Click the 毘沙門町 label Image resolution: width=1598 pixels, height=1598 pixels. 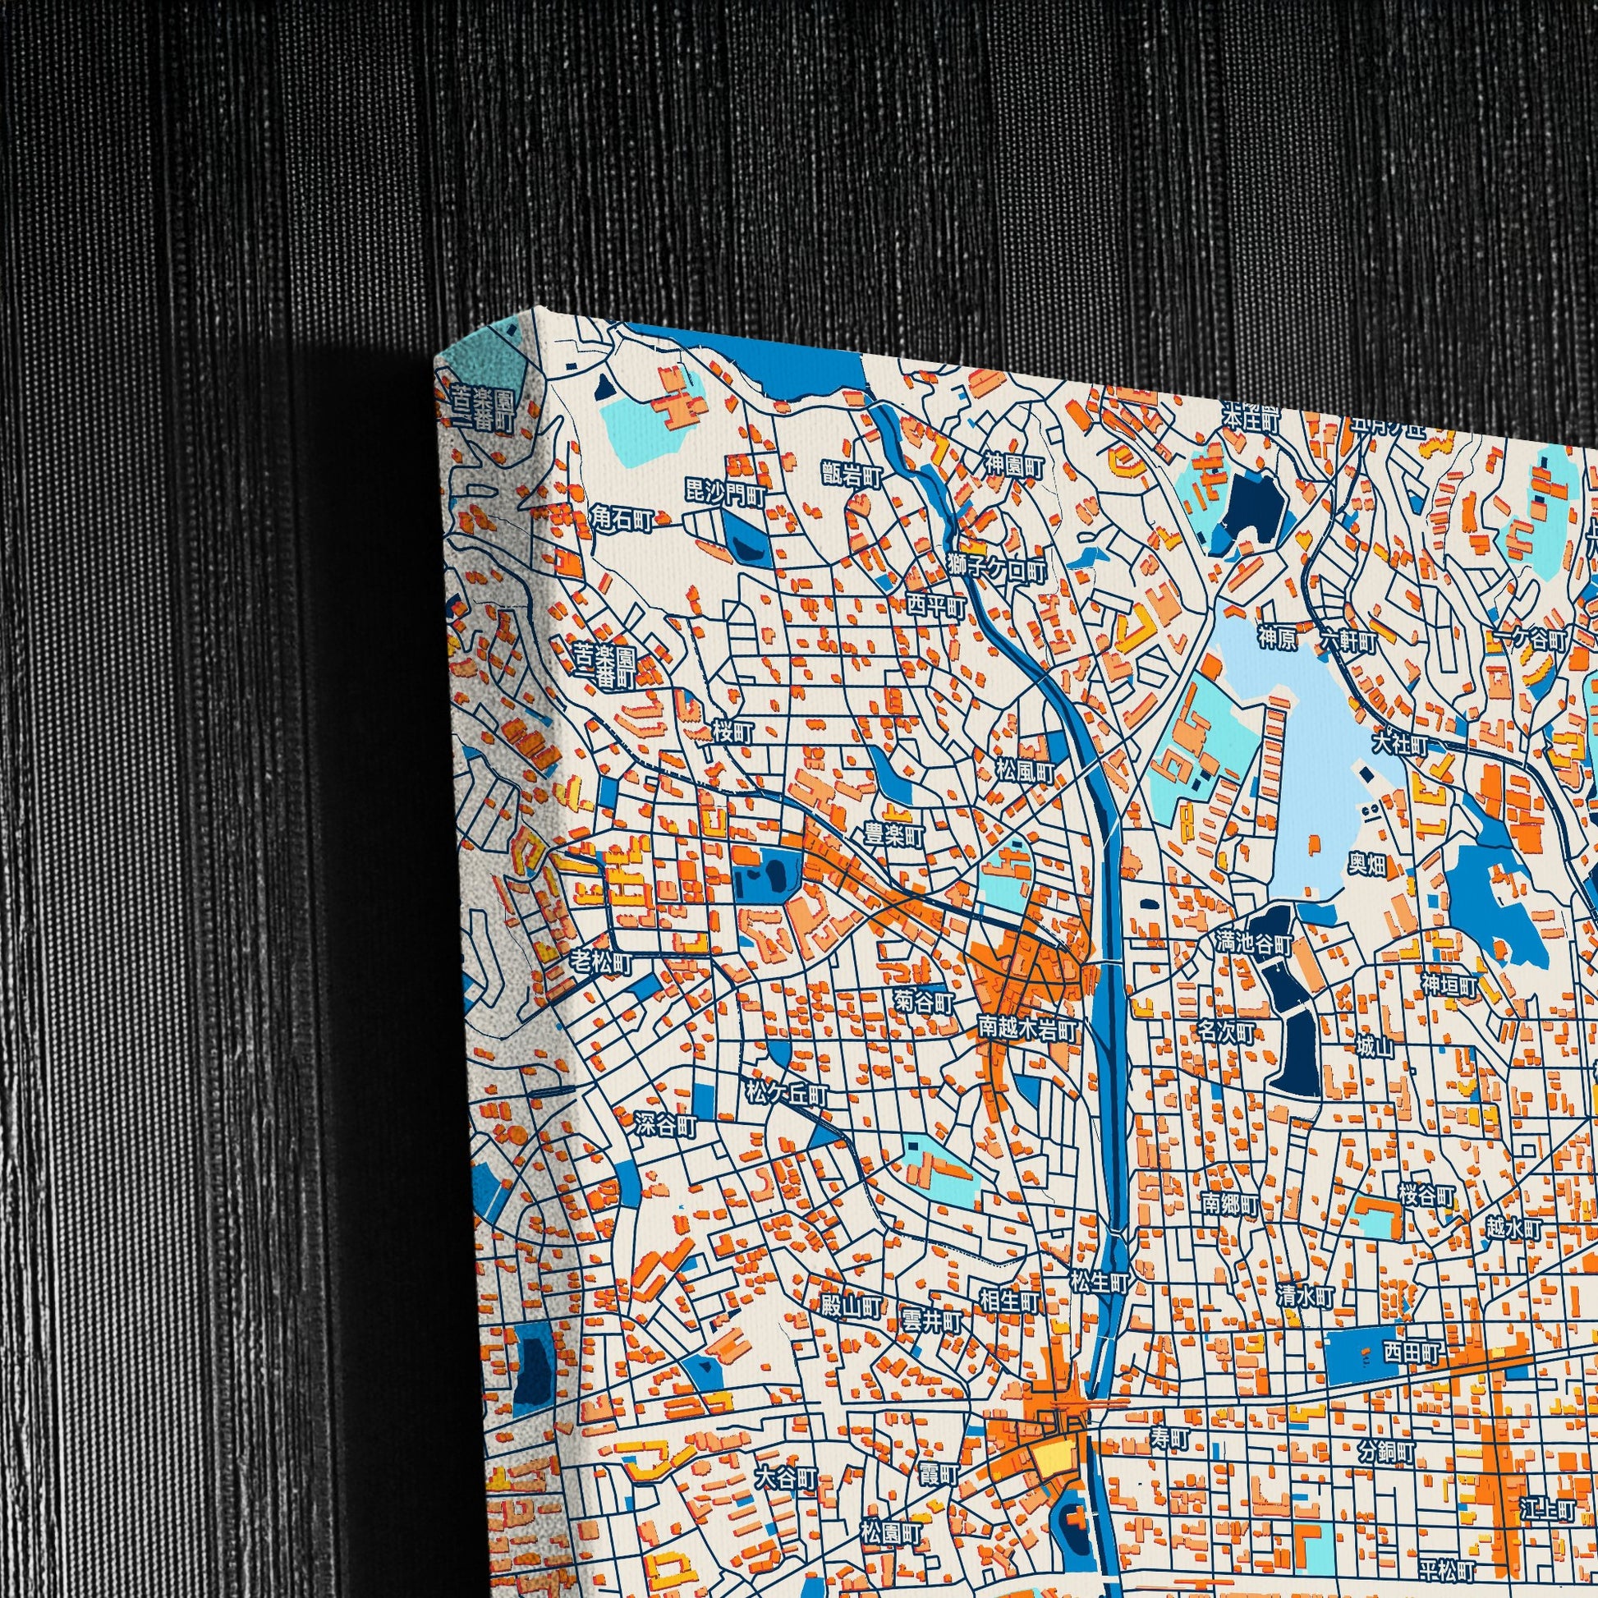pos(726,494)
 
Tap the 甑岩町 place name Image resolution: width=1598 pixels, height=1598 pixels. pos(852,475)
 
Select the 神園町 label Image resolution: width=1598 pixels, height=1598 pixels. pos(1013,465)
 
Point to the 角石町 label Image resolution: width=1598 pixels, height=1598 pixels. pos(622,520)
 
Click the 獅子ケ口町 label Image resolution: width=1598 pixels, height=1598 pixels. pos(996,571)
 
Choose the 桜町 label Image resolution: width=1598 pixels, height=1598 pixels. pos(733,730)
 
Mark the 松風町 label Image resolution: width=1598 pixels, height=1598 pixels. pos(1025,774)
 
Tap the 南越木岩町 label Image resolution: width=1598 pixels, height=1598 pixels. pos(1027,1030)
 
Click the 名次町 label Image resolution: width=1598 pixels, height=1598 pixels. pos(1228,1032)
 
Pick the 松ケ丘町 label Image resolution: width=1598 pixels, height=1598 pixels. pos(786,1094)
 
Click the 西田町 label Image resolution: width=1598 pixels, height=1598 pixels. pos(1411,1353)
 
